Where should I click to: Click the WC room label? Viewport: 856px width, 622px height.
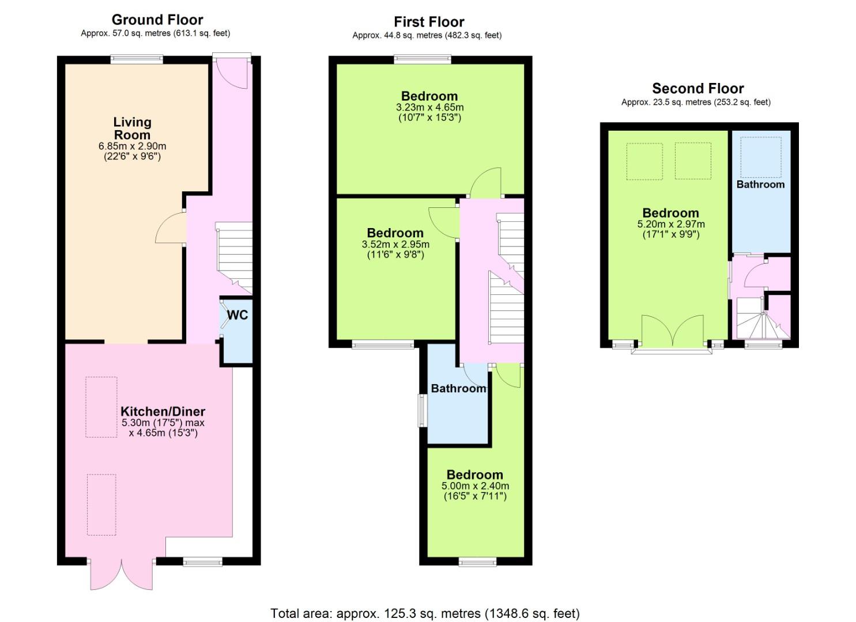click(x=237, y=315)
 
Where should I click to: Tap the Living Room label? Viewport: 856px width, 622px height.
click(x=132, y=128)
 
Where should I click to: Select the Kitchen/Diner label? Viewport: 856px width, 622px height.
click(x=163, y=411)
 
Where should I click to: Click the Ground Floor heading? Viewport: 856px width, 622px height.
click(x=157, y=20)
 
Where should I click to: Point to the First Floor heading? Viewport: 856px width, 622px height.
click(x=429, y=22)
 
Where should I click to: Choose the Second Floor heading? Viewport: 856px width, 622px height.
click(x=698, y=88)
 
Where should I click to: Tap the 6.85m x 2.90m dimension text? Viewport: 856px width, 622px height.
click(x=132, y=146)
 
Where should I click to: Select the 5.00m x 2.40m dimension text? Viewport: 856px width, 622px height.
click(x=475, y=486)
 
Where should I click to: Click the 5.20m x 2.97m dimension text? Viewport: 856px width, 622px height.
click(x=671, y=224)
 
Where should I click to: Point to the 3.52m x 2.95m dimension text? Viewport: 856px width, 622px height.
click(x=395, y=244)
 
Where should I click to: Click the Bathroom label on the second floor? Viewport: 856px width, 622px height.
click(x=760, y=184)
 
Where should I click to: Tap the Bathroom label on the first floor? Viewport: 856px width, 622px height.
click(x=459, y=388)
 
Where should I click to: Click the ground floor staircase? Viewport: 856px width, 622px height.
click(x=234, y=258)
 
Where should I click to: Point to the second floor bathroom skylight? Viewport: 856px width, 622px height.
click(x=761, y=157)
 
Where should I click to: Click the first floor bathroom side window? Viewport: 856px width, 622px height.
click(x=423, y=411)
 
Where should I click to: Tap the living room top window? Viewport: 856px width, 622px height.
click(x=137, y=59)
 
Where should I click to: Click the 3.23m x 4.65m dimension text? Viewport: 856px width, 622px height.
click(x=430, y=107)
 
